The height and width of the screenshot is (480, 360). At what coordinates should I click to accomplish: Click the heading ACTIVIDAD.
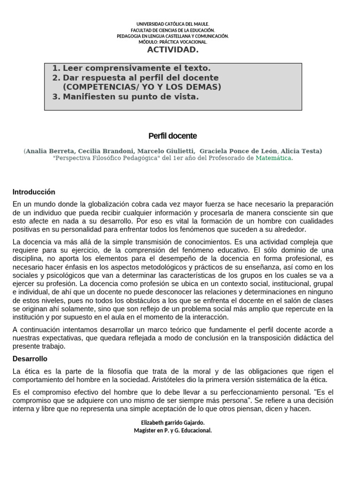172,50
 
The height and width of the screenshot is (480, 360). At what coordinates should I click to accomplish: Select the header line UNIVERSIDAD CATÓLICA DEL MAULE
172,24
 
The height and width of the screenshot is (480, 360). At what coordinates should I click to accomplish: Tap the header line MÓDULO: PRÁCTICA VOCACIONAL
172,42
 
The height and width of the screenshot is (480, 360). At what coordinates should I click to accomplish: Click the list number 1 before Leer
56,68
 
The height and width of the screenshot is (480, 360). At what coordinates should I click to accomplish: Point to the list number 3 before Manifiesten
56,97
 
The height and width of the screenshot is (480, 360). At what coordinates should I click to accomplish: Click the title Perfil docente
172,136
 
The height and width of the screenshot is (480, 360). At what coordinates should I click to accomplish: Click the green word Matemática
273,158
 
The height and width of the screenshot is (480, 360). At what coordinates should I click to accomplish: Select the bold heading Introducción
34,192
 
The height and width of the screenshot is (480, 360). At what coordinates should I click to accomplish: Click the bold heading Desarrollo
30,359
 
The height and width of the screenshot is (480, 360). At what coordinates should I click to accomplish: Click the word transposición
269,338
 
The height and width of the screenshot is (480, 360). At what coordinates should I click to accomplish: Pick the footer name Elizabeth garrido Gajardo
172,422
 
